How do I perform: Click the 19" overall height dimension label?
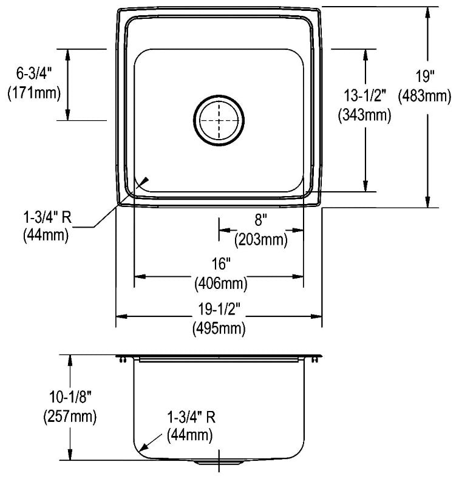coord(425,76)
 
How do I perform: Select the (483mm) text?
coord(424,97)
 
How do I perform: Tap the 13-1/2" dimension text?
coord(365,95)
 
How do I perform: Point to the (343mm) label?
coord(364,115)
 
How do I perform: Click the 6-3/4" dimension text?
coord(34,73)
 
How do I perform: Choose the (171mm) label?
coord(34,92)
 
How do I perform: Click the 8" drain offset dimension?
coord(260,220)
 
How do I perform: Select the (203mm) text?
coord(260,239)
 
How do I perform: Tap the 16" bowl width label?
coord(220,263)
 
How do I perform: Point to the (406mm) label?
coord(220,283)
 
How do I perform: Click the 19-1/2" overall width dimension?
coord(218,309)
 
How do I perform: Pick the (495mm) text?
coord(219,328)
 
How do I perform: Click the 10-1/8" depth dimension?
coord(70,397)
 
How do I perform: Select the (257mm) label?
coord(70,416)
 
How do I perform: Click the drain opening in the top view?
coord(219,120)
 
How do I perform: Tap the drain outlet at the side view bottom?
coord(219,462)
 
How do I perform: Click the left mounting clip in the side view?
coord(123,360)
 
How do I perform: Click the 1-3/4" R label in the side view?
coord(191,416)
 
